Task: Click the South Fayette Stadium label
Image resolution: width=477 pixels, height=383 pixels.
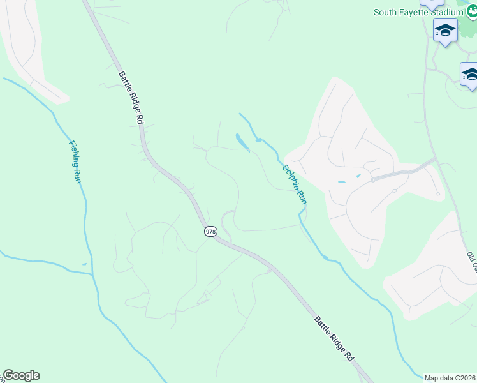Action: pos(418,11)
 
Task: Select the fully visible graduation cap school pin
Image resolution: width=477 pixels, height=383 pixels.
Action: pos(445,31)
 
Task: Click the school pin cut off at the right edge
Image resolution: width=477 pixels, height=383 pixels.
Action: pos(470,74)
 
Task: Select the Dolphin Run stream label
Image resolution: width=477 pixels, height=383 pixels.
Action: pos(295,184)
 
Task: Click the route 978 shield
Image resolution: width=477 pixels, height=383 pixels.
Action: pos(210,231)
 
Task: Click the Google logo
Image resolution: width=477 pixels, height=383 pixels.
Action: pos(21,375)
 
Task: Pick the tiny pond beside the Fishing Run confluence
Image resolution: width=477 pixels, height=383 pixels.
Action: pos(85,264)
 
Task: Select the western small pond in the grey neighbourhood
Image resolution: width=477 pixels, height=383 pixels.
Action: pos(341,182)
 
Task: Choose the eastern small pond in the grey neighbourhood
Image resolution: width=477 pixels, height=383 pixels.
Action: pos(358,176)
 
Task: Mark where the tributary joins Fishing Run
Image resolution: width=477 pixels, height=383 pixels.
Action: pos(93,275)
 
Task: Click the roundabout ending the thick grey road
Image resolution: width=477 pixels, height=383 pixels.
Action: pos(372,180)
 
